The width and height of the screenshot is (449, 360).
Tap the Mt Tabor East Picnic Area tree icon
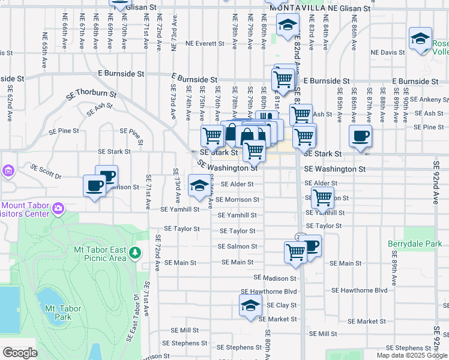pyautogui.click(x=136, y=253)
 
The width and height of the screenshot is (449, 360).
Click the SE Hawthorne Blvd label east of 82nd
pyautogui.click(x=360, y=290)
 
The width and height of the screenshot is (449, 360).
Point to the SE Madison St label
pyautogui.click(x=275, y=278)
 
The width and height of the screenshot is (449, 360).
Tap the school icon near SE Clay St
pyautogui.click(x=250, y=306)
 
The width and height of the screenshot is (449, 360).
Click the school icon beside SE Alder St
pyautogui.click(x=199, y=185)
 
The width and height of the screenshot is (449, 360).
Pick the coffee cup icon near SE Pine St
pyautogui.click(x=360, y=136)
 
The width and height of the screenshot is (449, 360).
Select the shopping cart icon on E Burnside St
pyautogui.click(x=282, y=78)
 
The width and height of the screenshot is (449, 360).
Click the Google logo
pyautogui.click(x=20, y=353)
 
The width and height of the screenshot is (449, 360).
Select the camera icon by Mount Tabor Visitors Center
pyautogui.click(x=58, y=209)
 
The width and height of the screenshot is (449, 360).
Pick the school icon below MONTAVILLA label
pyautogui.click(x=288, y=25)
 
